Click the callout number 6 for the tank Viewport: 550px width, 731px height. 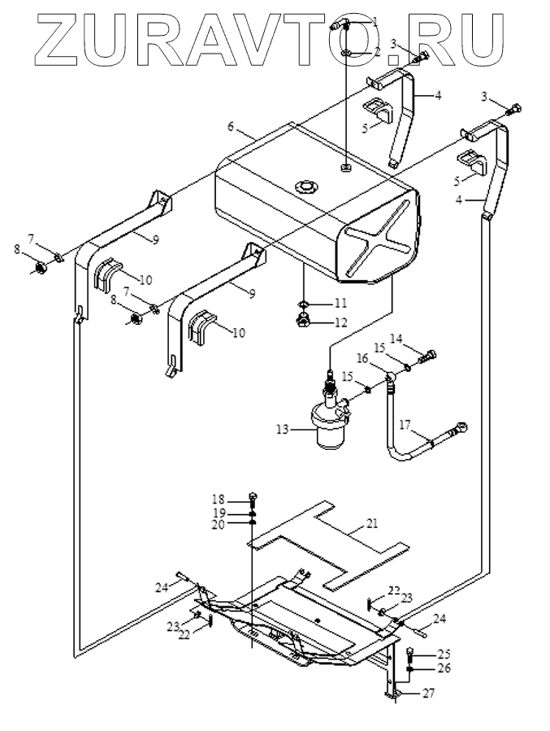click(231, 127)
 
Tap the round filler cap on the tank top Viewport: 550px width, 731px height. click(305, 188)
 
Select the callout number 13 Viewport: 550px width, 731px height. click(283, 429)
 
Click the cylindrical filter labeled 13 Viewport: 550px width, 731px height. click(331, 422)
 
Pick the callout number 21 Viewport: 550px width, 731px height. click(372, 523)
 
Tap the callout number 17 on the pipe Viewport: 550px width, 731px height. click(405, 425)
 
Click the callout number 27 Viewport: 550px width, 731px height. click(428, 694)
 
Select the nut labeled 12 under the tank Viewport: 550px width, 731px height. click(304, 321)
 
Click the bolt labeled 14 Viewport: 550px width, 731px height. click(427, 357)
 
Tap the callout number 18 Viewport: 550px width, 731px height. click(219, 500)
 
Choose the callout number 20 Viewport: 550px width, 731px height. click(219, 525)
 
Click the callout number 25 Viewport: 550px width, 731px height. click(444, 654)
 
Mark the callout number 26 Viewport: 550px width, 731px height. click(444, 668)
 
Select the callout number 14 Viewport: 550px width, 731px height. click(396, 340)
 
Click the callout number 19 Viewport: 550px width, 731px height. click(219, 513)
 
